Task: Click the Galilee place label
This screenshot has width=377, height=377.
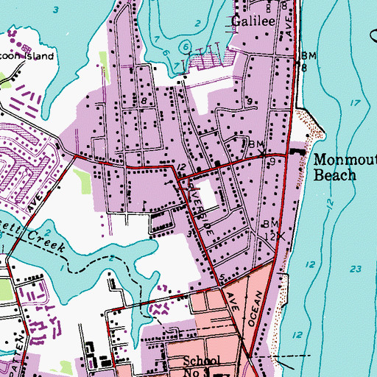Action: [x=254, y=22]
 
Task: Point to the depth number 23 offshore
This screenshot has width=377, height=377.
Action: [x=357, y=268]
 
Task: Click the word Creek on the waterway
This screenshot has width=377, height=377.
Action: [x=49, y=242]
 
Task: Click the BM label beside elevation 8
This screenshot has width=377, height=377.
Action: [x=308, y=56]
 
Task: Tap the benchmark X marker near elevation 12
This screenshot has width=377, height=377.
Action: [x=279, y=237]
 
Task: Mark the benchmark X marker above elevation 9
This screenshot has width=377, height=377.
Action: [x=264, y=153]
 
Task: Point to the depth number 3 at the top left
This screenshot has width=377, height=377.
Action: [x=55, y=10]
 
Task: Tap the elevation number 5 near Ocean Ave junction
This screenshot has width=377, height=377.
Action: [x=222, y=277]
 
